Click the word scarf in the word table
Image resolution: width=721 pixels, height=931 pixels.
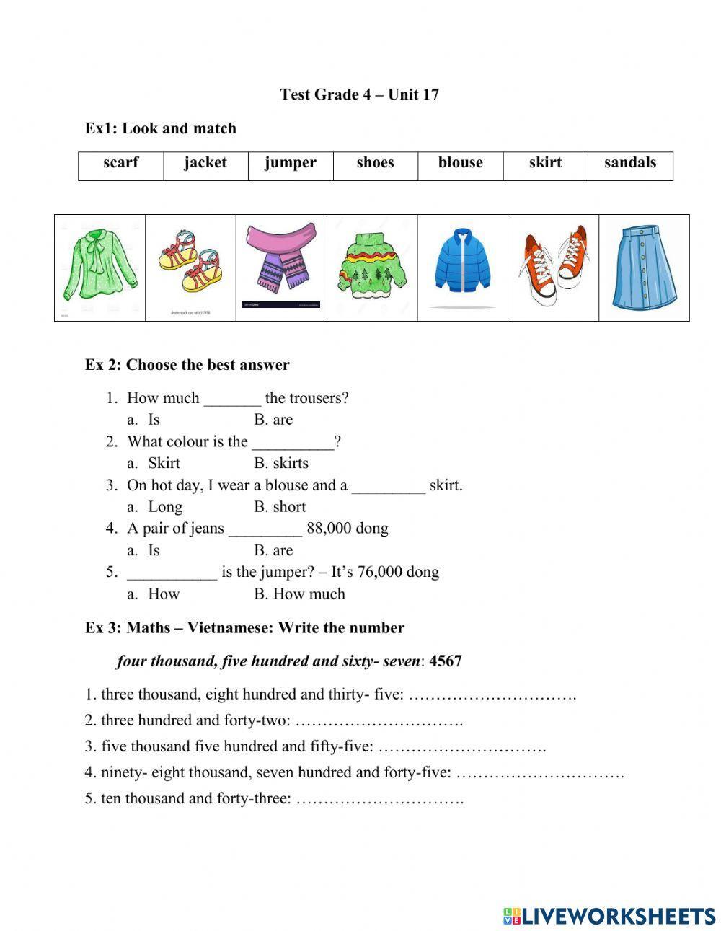click(x=120, y=163)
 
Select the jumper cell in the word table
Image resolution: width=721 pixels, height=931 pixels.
click(x=290, y=163)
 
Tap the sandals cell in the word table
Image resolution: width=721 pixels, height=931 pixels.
click(x=629, y=163)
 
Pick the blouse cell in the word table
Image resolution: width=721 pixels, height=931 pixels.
click(x=460, y=163)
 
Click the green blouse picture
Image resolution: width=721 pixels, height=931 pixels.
click(x=99, y=266)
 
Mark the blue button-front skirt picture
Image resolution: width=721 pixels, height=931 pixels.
click(x=644, y=266)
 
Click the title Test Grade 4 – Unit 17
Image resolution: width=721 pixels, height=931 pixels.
click(x=359, y=94)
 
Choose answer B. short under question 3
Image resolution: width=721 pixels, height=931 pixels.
click(x=280, y=507)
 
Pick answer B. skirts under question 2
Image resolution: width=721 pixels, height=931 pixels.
click(x=280, y=463)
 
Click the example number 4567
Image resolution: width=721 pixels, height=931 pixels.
click(x=445, y=661)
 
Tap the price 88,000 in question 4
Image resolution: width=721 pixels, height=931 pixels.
click(x=329, y=529)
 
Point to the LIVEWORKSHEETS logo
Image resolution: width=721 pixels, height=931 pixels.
click(x=609, y=915)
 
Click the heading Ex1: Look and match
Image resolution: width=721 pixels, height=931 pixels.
click(x=160, y=128)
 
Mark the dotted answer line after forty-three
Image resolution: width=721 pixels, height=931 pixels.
click(x=379, y=799)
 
